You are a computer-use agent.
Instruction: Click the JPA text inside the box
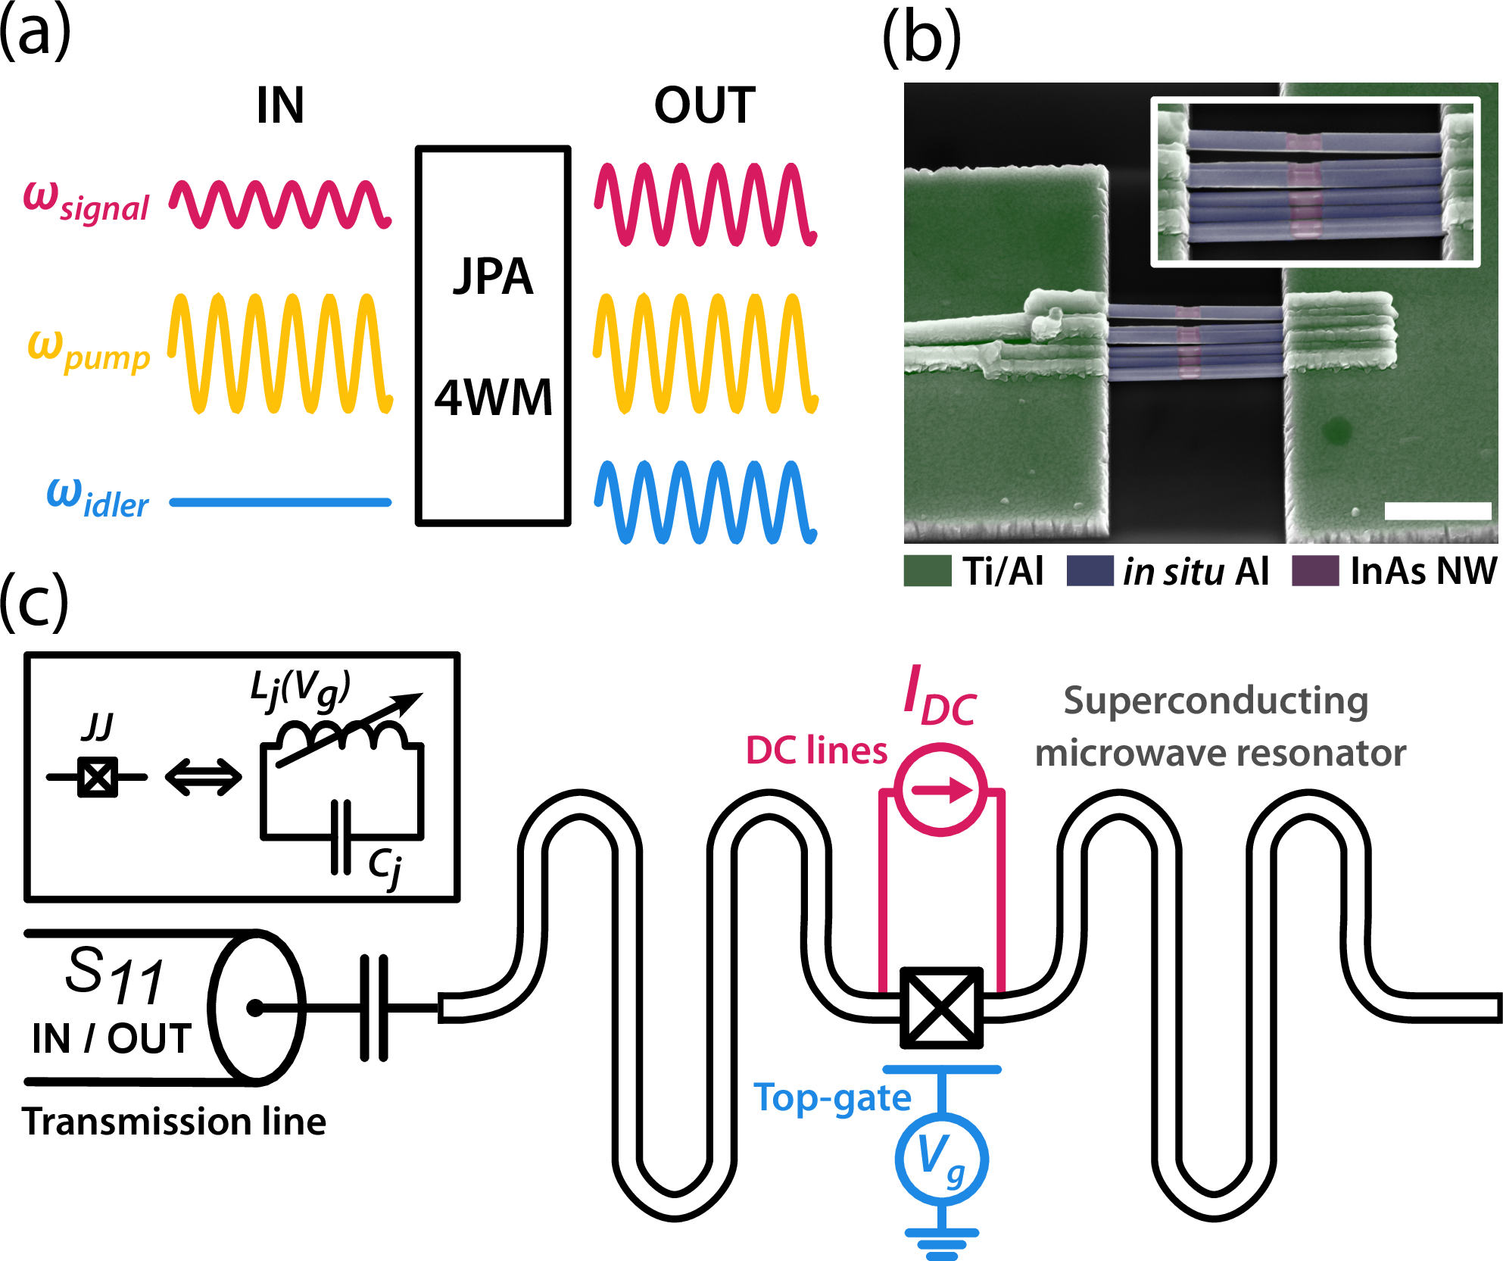(x=493, y=276)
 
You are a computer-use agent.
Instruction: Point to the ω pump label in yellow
(x=89, y=351)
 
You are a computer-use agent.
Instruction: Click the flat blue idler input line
(x=280, y=502)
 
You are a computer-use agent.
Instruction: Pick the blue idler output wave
(x=705, y=502)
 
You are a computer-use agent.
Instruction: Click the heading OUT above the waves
(x=704, y=105)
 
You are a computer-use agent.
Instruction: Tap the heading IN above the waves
(x=280, y=105)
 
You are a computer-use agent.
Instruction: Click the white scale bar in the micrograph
(x=1437, y=510)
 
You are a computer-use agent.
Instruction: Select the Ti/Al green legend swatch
(x=927, y=571)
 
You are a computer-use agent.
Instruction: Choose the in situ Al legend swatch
(x=1090, y=571)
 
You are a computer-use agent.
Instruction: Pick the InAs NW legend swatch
(x=1314, y=571)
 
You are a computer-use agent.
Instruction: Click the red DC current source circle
(x=941, y=790)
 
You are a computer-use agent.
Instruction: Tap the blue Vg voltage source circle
(x=941, y=1158)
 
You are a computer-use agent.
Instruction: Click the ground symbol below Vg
(x=942, y=1243)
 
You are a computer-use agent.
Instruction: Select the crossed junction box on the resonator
(x=941, y=1007)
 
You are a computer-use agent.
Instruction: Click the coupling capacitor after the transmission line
(x=374, y=1007)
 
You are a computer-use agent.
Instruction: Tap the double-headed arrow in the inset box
(x=203, y=778)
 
